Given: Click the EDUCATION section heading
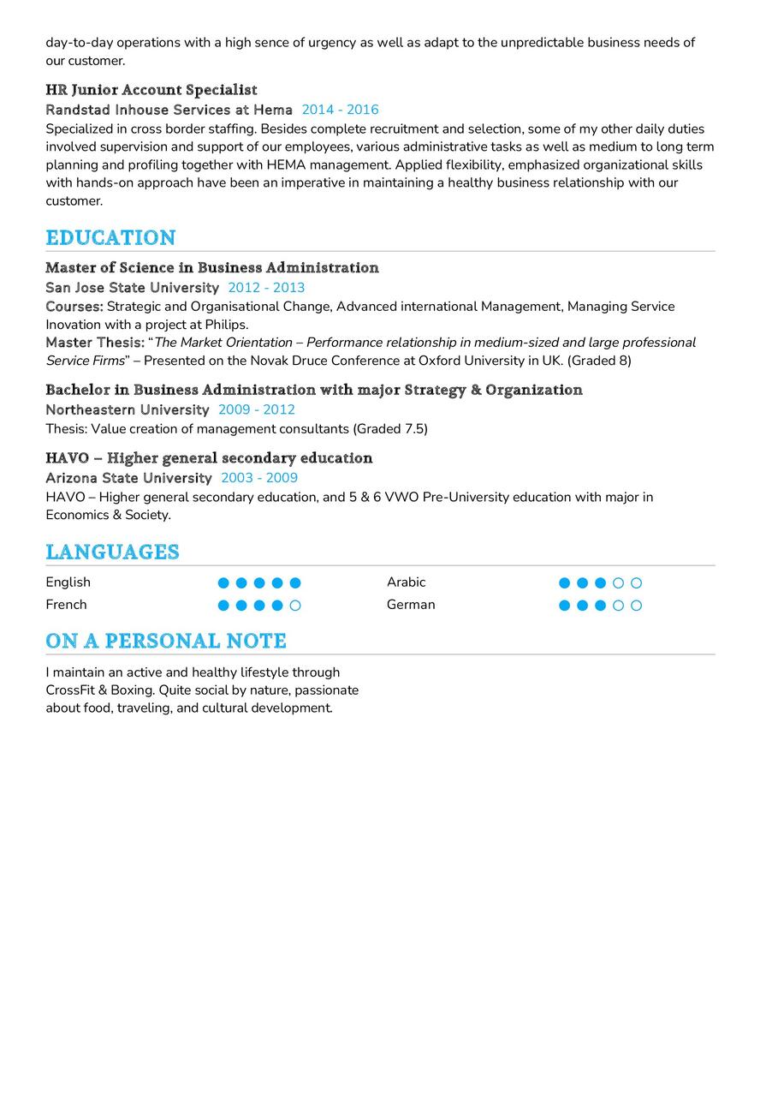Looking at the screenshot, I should coord(110,237).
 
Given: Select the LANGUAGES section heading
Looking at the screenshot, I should coord(112,552).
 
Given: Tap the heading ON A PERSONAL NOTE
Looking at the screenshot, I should coord(166,641).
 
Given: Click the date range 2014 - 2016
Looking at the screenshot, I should coord(340,110).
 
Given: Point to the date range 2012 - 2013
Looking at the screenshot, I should coord(266,288).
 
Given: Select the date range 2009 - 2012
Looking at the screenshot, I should coord(257,409).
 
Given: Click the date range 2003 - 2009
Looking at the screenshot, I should coord(259,478).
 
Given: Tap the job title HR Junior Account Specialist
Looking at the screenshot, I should coord(151,90).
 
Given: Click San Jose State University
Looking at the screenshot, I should coord(133,288).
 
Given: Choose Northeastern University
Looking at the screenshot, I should coord(128,409).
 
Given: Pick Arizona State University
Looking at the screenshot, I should coord(128,478).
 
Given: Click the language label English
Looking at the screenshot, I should coord(68,582).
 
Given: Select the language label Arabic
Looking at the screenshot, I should coord(406,582).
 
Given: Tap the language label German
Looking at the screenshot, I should coord(411,605).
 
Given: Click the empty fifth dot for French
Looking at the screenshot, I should coord(295,606).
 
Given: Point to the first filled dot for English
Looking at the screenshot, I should coord(223,583).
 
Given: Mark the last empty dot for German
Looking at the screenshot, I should coord(636,606).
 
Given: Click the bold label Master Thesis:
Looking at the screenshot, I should coord(95,343).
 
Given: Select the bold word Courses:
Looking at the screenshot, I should coord(74,307).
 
